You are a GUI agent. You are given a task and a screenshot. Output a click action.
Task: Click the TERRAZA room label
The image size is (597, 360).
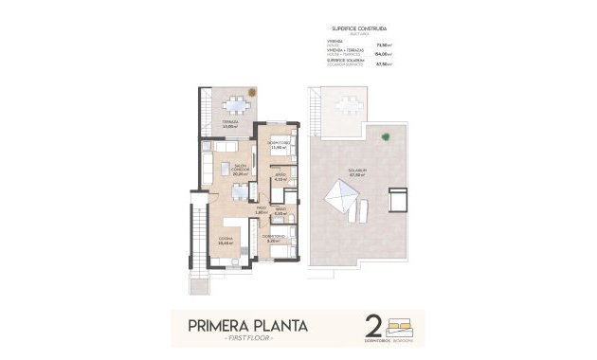[x=229, y=124]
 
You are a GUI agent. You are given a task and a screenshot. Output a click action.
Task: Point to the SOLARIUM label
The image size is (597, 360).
[x=357, y=173]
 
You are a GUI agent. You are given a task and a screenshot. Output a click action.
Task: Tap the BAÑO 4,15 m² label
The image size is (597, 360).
[x=280, y=177]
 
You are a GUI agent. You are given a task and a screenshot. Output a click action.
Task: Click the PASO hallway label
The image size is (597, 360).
[x=261, y=211]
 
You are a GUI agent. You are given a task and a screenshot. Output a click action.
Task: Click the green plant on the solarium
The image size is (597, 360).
[x=385, y=138]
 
